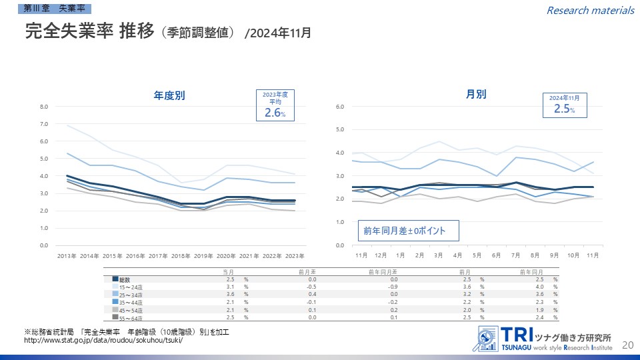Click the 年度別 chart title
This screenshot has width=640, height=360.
[169, 95]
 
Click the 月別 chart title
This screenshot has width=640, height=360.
[476, 94]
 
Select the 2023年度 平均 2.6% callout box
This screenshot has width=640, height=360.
[275, 105]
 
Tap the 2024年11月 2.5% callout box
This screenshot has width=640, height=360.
[564, 106]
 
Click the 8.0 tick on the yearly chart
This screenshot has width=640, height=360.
[44, 107]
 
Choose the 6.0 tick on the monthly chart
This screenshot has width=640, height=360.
[340, 107]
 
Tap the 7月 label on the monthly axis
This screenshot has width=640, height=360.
[516, 255]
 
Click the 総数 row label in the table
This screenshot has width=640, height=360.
[125, 279]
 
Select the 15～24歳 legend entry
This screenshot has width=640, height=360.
[131, 286]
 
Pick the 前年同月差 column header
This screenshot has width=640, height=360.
[382, 271]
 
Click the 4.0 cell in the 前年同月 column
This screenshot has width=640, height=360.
[541, 286]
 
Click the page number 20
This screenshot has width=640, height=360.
[627, 345]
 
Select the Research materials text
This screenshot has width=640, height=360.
[590, 10]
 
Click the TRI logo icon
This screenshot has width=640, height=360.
[487, 339]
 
